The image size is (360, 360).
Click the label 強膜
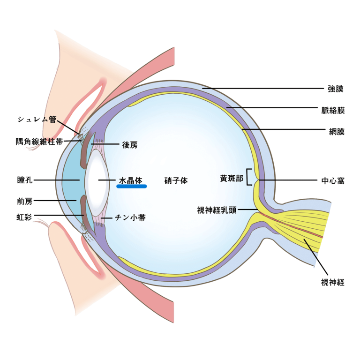(x=336, y=89)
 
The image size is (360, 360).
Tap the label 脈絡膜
(x=333, y=111)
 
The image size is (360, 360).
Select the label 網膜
(x=337, y=132)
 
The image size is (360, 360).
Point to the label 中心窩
(x=333, y=181)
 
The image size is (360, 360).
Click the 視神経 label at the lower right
(x=333, y=282)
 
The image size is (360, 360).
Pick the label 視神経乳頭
(x=217, y=210)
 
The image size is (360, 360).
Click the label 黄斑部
(x=232, y=179)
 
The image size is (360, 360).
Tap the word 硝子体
(x=176, y=180)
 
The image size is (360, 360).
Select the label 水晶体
(x=131, y=180)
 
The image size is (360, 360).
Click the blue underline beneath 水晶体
(x=132, y=187)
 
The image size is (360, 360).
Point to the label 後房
(x=130, y=145)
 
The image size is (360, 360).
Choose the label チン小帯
(x=130, y=217)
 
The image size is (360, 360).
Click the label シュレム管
(x=37, y=120)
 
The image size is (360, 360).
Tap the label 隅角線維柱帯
(x=39, y=142)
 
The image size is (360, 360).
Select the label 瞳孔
(x=25, y=180)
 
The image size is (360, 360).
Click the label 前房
(x=25, y=202)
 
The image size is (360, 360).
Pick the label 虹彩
(x=24, y=217)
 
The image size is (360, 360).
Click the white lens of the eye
(x=97, y=180)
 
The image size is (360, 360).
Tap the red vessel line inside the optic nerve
(x=292, y=225)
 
